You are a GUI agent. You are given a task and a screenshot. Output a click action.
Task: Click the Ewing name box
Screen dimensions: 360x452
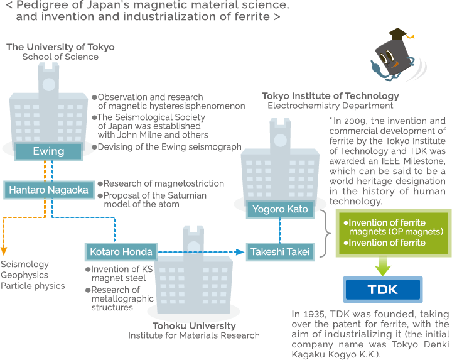pyautogui.click(x=48, y=151)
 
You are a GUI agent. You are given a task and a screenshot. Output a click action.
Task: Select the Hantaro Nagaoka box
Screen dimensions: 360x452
pyautogui.click(x=48, y=190)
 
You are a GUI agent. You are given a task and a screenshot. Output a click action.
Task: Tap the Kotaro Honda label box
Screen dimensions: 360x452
pyautogui.click(x=119, y=252)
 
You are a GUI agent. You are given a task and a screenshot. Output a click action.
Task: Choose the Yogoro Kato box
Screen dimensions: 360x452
pyautogui.click(x=280, y=209)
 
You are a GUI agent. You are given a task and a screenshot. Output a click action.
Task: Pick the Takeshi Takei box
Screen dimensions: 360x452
pyautogui.click(x=280, y=252)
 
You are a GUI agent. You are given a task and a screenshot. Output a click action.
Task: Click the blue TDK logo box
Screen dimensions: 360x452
pyautogui.click(x=382, y=290)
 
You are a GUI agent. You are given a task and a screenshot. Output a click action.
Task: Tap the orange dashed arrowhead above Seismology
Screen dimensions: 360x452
pyautogui.click(x=4, y=252)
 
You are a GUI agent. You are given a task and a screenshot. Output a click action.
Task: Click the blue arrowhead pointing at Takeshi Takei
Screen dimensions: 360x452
pyautogui.click(x=240, y=252)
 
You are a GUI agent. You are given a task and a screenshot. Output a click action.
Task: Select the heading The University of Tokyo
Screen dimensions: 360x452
pyautogui.click(x=60, y=47)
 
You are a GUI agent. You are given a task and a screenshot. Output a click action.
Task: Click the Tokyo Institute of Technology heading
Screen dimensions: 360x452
pyautogui.click(x=330, y=96)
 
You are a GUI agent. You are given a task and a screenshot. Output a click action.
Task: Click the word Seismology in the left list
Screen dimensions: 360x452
pyautogui.click(x=25, y=265)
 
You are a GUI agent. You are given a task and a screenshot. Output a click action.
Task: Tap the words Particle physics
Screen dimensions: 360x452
pyautogui.click(x=33, y=286)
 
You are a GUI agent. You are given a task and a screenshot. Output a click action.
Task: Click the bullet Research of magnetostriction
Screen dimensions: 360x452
pyautogui.click(x=163, y=183)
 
